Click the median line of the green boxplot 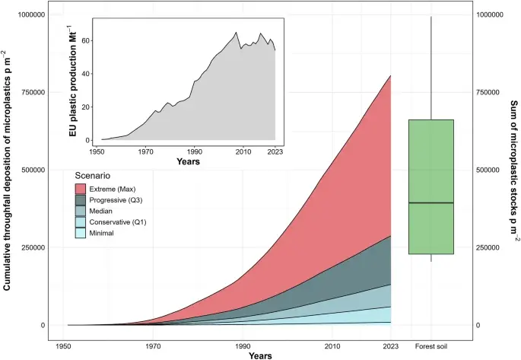(x=430, y=202)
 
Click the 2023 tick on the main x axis (x=390, y=339)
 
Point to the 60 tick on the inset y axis (x=85, y=41)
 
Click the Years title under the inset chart (x=188, y=162)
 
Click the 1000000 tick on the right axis (x=496, y=15)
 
